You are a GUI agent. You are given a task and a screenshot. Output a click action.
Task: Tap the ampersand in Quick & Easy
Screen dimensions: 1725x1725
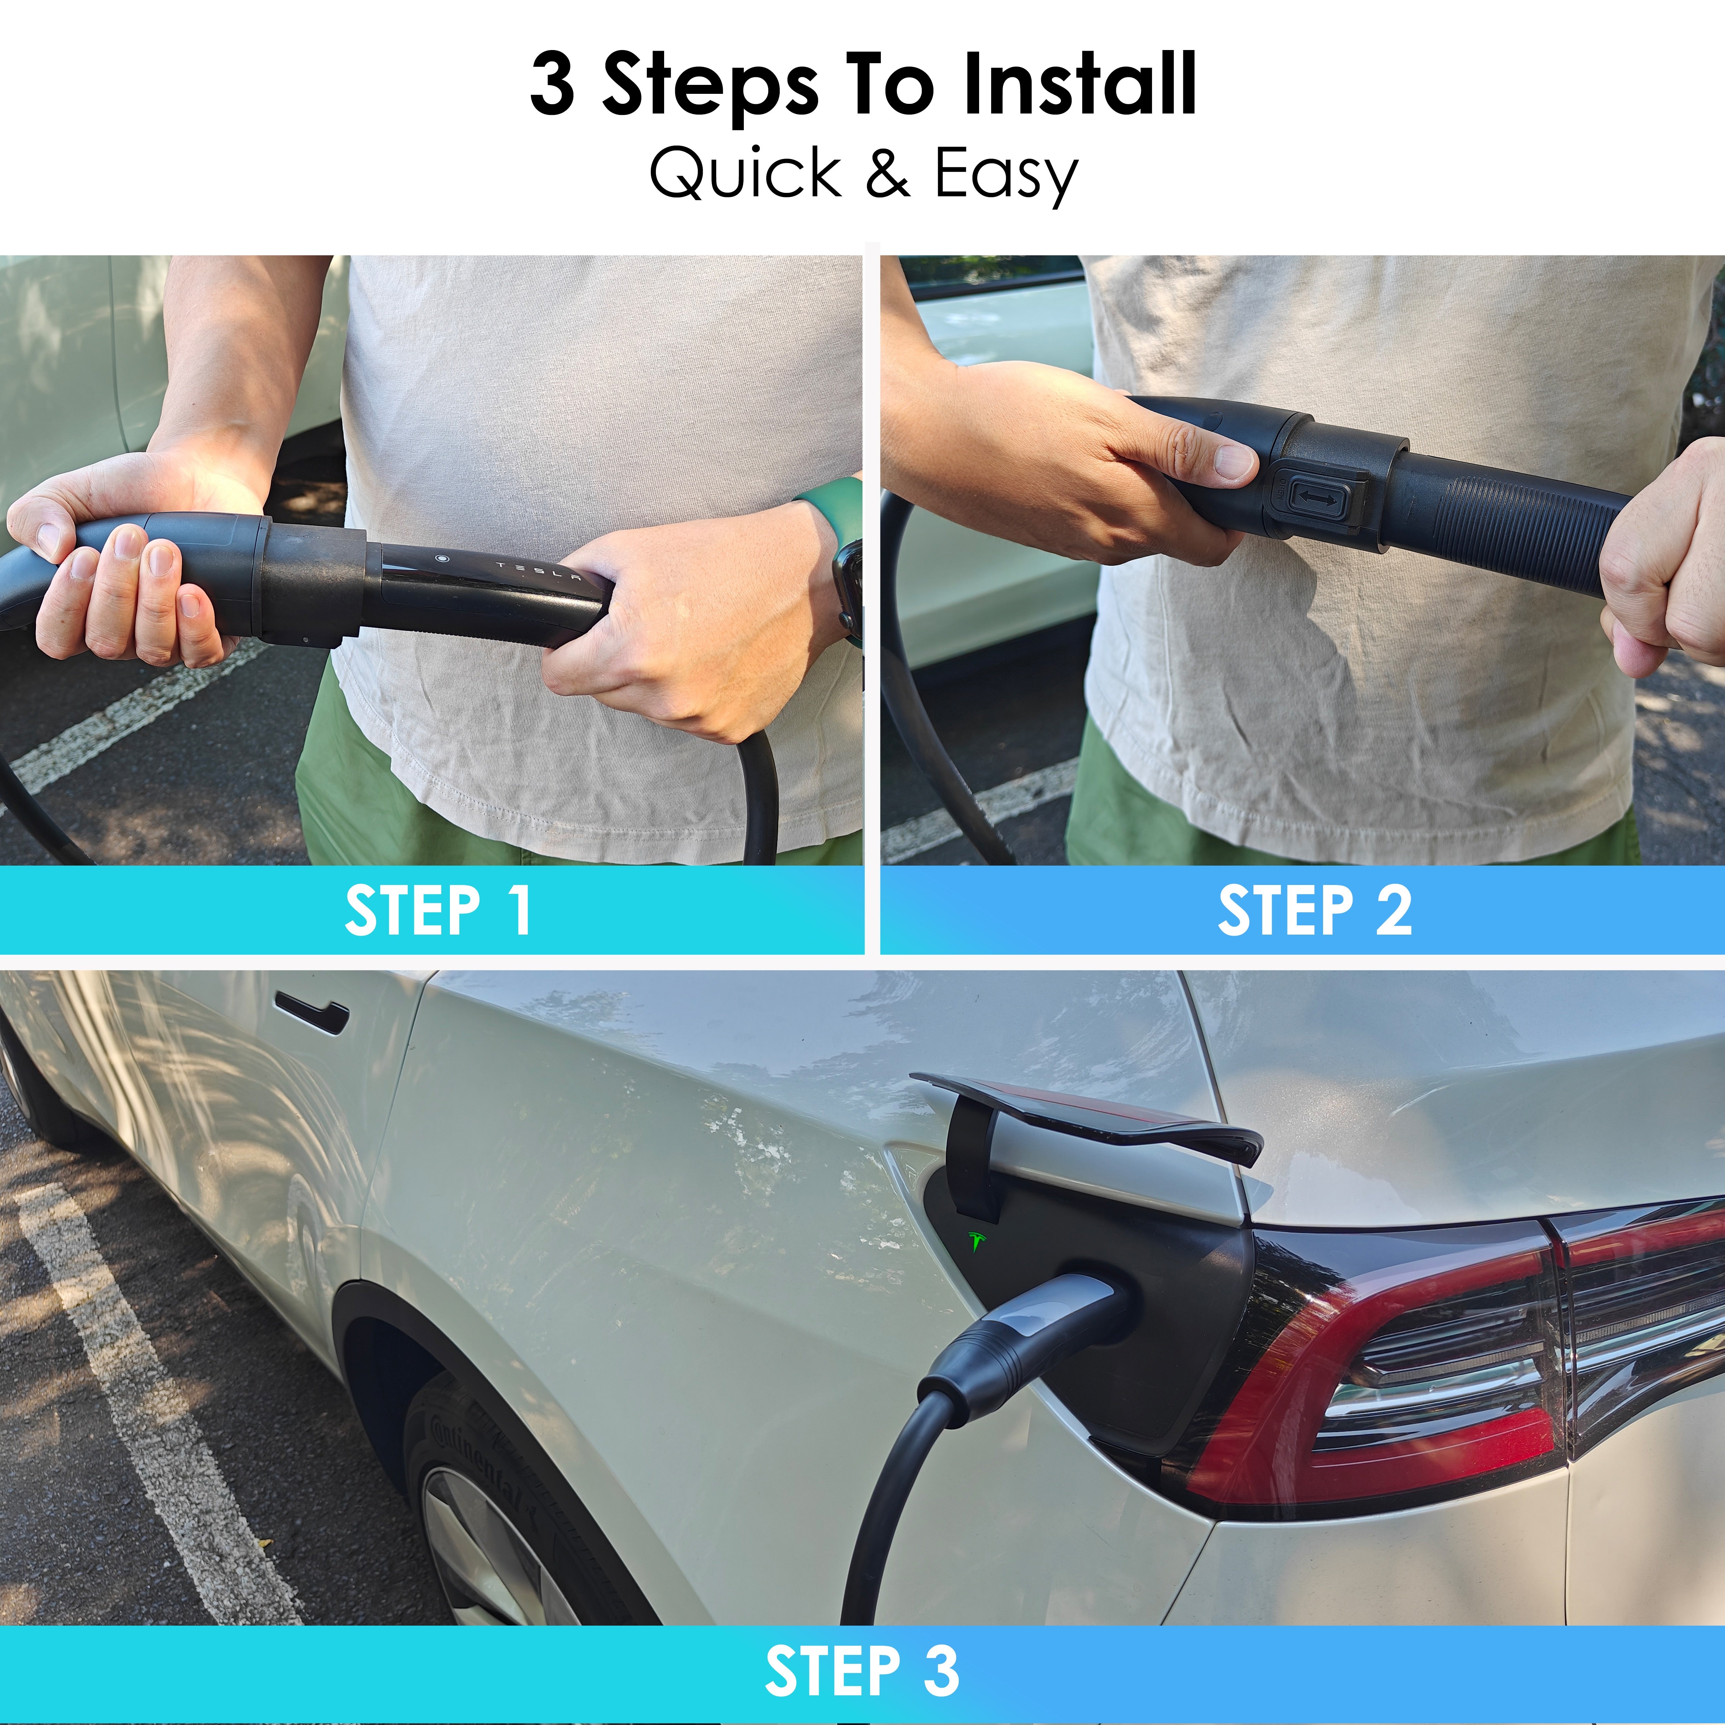(887, 173)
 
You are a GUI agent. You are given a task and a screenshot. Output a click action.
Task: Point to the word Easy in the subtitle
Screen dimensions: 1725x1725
(1006, 176)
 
